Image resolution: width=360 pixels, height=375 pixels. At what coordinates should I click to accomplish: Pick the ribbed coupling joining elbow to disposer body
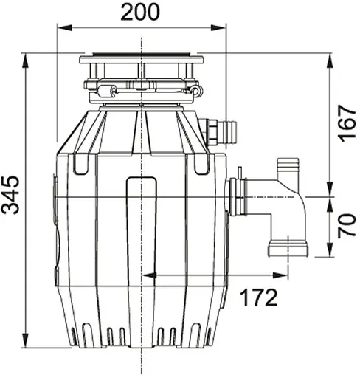pyautogui.click(x=238, y=197)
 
